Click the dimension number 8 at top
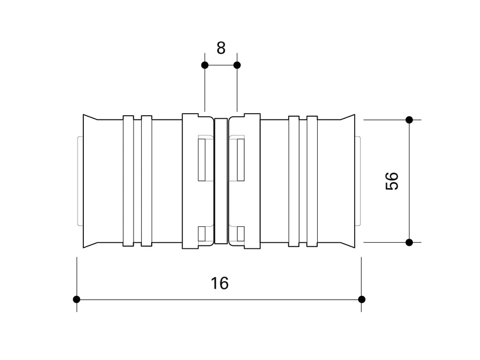click(221, 48)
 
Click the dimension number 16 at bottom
click(219, 283)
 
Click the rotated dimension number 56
click(392, 181)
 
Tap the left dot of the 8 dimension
click(205, 65)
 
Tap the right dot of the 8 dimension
click(237, 65)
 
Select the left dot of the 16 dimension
click(77, 299)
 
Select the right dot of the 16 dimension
click(361, 299)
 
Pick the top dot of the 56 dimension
click(409, 120)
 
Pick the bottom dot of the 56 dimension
click(409, 242)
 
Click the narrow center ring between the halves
click(220, 181)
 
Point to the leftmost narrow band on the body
click(128, 181)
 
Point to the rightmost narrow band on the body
click(312, 181)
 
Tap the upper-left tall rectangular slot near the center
click(202, 159)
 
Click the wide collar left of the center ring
click(190, 181)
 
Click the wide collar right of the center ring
click(252, 181)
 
